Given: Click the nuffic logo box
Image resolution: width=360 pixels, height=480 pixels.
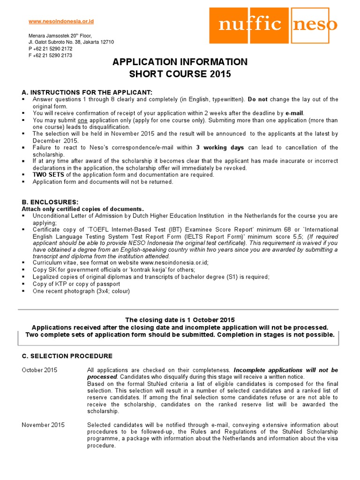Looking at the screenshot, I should (248, 24).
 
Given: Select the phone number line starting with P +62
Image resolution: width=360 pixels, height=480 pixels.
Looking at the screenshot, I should (50, 49).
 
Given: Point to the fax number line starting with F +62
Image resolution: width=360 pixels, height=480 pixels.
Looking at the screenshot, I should (50, 55).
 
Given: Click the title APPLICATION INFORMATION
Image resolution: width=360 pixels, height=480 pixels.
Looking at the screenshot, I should (180, 62).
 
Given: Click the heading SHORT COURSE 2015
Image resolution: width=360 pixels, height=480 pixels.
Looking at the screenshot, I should (180, 74).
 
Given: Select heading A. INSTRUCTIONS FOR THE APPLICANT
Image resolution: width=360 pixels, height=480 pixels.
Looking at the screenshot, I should (87, 92).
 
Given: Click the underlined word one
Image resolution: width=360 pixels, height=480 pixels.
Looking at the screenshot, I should (82, 120).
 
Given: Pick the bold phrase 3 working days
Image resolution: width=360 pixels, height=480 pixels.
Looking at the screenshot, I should (220, 148).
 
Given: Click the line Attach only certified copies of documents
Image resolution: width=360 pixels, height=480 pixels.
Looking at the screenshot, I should (83, 209).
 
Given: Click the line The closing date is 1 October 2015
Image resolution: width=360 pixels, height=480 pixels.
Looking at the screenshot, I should (180, 320).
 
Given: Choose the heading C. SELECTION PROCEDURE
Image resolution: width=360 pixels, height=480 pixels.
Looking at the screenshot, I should (67, 356).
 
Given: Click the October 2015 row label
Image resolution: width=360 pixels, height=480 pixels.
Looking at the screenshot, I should (40, 370).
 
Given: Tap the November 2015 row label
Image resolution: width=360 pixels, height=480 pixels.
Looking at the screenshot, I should (44, 425).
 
